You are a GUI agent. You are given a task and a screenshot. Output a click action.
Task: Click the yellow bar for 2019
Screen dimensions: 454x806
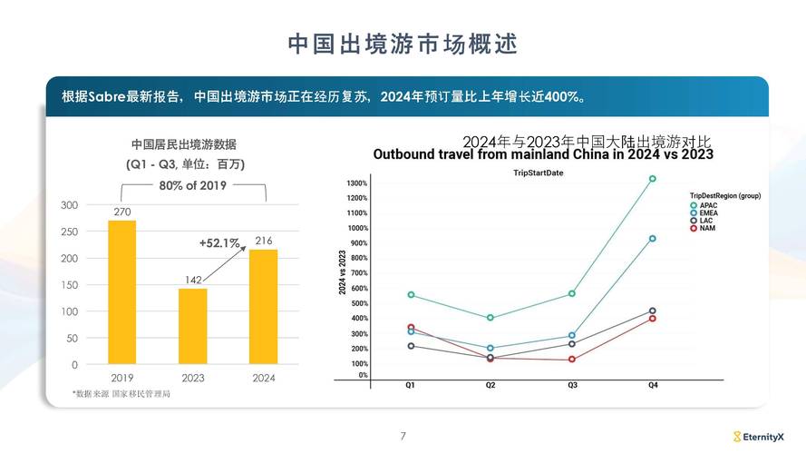[x=121, y=291]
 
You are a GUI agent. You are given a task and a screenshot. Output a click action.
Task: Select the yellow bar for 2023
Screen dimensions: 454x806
[x=192, y=326]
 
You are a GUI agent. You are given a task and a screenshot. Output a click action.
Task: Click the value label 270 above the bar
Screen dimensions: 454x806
[x=121, y=212]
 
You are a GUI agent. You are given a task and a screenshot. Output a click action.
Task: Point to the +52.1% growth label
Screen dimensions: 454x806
[x=219, y=243]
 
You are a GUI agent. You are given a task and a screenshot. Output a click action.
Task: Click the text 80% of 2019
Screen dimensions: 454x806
[x=193, y=185]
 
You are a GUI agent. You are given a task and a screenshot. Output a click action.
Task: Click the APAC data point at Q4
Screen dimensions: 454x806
[x=652, y=179]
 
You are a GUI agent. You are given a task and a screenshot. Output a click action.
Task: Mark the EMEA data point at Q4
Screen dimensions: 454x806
[x=652, y=239]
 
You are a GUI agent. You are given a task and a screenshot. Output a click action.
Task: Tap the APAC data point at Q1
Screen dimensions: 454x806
[x=411, y=295]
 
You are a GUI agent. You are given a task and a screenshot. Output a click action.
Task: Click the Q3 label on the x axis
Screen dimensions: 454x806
[x=572, y=385]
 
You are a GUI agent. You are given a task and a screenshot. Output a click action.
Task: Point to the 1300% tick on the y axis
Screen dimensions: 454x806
[x=356, y=183]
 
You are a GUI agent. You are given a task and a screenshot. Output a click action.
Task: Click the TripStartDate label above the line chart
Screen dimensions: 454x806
[x=539, y=173]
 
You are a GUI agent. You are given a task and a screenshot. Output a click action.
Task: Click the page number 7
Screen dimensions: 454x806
[x=403, y=437]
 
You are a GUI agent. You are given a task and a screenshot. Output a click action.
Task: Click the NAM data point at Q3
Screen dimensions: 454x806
[x=572, y=360]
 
